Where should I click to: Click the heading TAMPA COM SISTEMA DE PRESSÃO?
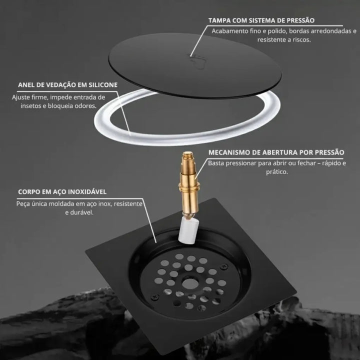click(x=261, y=20)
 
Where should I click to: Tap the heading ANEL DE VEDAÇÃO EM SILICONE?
click(x=68, y=85)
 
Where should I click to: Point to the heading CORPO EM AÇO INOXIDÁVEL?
click(x=62, y=191)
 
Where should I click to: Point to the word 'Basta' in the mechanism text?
click(x=216, y=163)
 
